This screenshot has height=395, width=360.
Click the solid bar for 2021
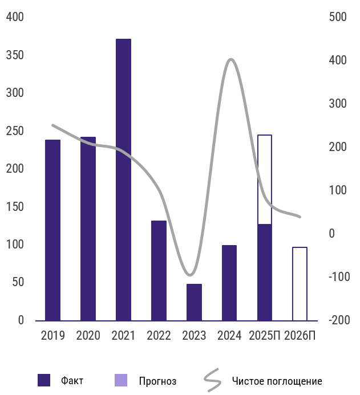[123, 180]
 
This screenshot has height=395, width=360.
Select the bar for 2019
[52, 230]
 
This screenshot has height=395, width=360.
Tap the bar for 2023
[194, 302]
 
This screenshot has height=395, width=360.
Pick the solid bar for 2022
[159, 270]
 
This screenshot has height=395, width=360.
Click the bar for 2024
[229, 283]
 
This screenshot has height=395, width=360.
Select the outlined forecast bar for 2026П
[300, 284]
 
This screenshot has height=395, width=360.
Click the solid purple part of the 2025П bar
[265, 272]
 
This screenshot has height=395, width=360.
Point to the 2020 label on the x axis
[88, 335]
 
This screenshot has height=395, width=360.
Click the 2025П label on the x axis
[265, 335]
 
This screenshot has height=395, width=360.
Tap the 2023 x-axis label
[194, 335]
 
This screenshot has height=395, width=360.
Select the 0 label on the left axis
[21, 320]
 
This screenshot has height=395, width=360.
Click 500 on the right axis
[338, 17]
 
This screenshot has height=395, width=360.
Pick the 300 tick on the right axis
[338, 104]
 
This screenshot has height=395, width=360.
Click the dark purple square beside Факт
[45, 380]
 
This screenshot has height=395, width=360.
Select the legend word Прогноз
[157, 381]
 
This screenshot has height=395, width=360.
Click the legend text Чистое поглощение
[277, 381]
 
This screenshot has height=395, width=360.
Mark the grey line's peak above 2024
[230, 59]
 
